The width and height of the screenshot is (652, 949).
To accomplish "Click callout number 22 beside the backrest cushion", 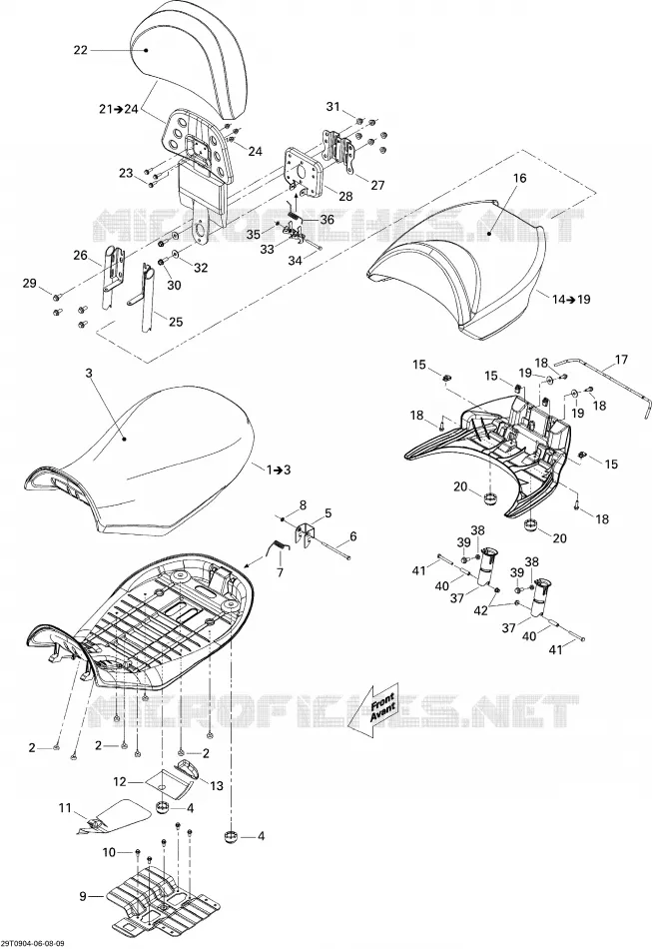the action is pyautogui.click(x=81, y=50).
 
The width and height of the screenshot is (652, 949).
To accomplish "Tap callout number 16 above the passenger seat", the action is pyautogui.click(x=519, y=178).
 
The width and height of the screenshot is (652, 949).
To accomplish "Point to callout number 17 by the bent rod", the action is pyautogui.click(x=621, y=360).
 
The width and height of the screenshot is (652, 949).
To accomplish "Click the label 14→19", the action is pyautogui.click(x=571, y=299).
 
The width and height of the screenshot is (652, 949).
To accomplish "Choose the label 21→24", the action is pyautogui.click(x=119, y=109).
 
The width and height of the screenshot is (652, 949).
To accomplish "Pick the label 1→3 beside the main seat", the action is pyautogui.click(x=278, y=470).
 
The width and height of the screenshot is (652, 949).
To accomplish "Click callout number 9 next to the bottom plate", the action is pyautogui.click(x=83, y=896).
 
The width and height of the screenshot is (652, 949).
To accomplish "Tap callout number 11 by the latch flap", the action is pyautogui.click(x=65, y=808).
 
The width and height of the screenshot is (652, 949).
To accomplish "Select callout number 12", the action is pyautogui.click(x=120, y=782).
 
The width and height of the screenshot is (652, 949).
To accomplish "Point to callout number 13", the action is pyautogui.click(x=216, y=785).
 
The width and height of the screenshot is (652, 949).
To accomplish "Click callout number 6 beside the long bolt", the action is pyautogui.click(x=353, y=536).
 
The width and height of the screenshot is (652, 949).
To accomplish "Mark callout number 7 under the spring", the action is pyautogui.click(x=280, y=572).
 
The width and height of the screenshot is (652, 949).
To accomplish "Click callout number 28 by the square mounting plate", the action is pyautogui.click(x=345, y=196).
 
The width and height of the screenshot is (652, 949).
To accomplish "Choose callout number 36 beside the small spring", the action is pyautogui.click(x=326, y=220).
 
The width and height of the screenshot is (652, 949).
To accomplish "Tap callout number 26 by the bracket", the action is pyautogui.click(x=81, y=256).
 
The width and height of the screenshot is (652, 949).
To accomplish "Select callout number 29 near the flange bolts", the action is pyautogui.click(x=30, y=283).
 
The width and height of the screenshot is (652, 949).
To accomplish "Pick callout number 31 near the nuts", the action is pyautogui.click(x=333, y=107).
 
